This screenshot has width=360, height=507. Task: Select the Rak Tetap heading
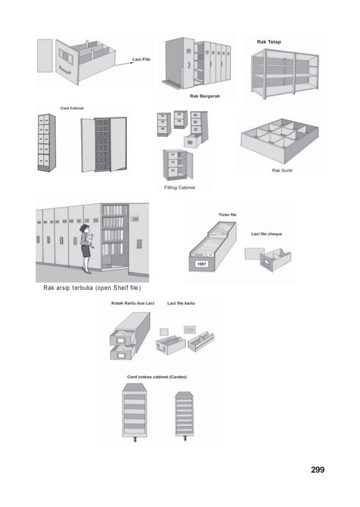point(269,42)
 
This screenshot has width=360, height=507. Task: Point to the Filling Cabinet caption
point(179,188)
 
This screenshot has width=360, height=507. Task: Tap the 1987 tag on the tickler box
point(201,264)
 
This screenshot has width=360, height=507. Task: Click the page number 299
point(318,469)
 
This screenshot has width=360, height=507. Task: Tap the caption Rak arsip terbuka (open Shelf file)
point(92,290)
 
